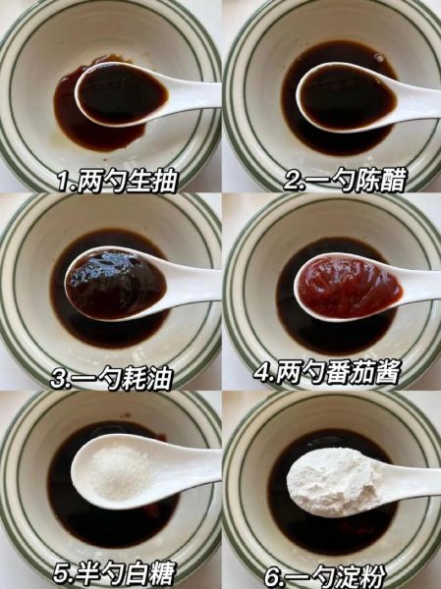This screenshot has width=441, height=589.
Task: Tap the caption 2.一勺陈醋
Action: click(x=334, y=182)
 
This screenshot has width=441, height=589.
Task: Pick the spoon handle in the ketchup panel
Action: click(x=422, y=285)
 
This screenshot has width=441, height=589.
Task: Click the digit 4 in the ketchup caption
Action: click(x=261, y=374)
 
